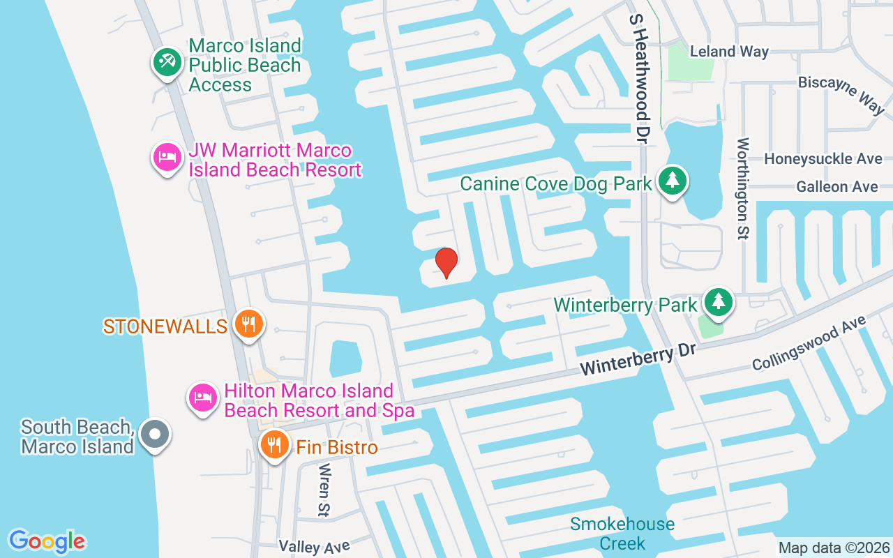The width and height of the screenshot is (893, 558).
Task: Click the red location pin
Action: pyautogui.click(x=446, y=262)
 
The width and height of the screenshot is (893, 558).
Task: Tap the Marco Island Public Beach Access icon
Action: pyautogui.click(x=167, y=63)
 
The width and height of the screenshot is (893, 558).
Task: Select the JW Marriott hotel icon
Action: pyautogui.click(x=167, y=156)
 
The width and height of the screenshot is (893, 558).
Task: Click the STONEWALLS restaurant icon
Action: pyautogui.click(x=248, y=324)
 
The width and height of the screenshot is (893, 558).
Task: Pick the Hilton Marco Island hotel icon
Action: pyautogui.click(x=202, y=398)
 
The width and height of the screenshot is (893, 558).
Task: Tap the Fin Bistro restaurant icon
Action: pyautogui.click(x=274, y=444)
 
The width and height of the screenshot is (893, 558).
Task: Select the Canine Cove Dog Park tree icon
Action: pyautogui.click(x=672, y=180)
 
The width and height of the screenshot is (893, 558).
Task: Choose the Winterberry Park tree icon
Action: pyautogui.click(x=717, y=301)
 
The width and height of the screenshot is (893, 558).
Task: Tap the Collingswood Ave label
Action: pyautogui.click(x=809, y=342)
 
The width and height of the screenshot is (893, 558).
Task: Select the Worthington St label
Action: pyautogui.click(x=742, y=188)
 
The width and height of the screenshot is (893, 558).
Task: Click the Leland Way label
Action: pyautogui.click(x=729, y=52)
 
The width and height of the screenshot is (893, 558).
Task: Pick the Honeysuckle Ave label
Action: pyautogui.click(x=823, y=159)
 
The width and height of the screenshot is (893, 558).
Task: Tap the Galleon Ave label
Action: pyautogui.click(x=836, y=186)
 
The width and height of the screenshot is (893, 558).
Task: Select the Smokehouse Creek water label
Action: pyautogui.click(x=622, y=534)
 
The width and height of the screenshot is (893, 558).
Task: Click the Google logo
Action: pyautogui.click(x=47, y=541)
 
